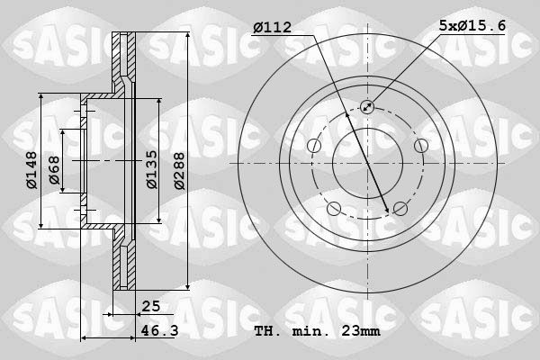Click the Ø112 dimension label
(x=273, y=27)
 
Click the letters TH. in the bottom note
(x=267, y=332)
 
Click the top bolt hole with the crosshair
(x=367, y=107)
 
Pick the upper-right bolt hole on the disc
(x=420, y=146)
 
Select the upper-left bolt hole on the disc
(x=314, y=146)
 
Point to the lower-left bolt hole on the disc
(x=334, y=209)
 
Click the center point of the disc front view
(x=367, y=163)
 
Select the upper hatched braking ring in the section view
(x=126, y=63)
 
